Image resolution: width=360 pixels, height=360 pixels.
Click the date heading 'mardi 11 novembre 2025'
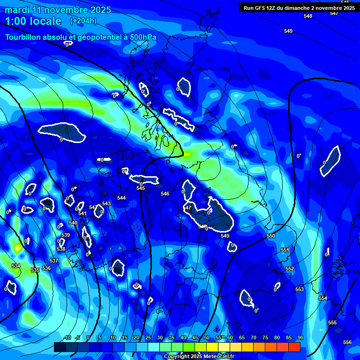(x=58, y=10)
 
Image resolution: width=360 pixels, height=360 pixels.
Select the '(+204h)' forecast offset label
(x=83, y=21)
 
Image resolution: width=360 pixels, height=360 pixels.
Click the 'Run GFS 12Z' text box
(x=299, y=7)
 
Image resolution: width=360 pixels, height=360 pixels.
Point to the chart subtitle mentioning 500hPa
(x=81, y=37)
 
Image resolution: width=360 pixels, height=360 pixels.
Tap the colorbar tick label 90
(x=300, y=337)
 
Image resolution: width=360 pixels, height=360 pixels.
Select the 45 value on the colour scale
(x=195, y=337)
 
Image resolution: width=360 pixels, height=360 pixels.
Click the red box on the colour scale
(x=294, y=347)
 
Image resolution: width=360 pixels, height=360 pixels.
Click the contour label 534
(x=16, y=266)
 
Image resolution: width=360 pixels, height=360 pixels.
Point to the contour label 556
(x=347, y=342)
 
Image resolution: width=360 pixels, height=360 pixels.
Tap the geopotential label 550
(x=271, y=236)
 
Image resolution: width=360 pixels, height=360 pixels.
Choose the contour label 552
(x=290, y=269)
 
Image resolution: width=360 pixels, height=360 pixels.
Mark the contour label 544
(x=121, y=198)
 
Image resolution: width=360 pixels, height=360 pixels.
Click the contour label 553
(x=300, y=289)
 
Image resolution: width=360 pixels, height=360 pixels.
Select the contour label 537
(x=54, y=261)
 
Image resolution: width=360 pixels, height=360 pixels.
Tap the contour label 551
(x=285, y=250)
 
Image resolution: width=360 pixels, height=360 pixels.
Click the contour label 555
(x=332, y=322)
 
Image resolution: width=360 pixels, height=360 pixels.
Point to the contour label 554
(x=323, y=298)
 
